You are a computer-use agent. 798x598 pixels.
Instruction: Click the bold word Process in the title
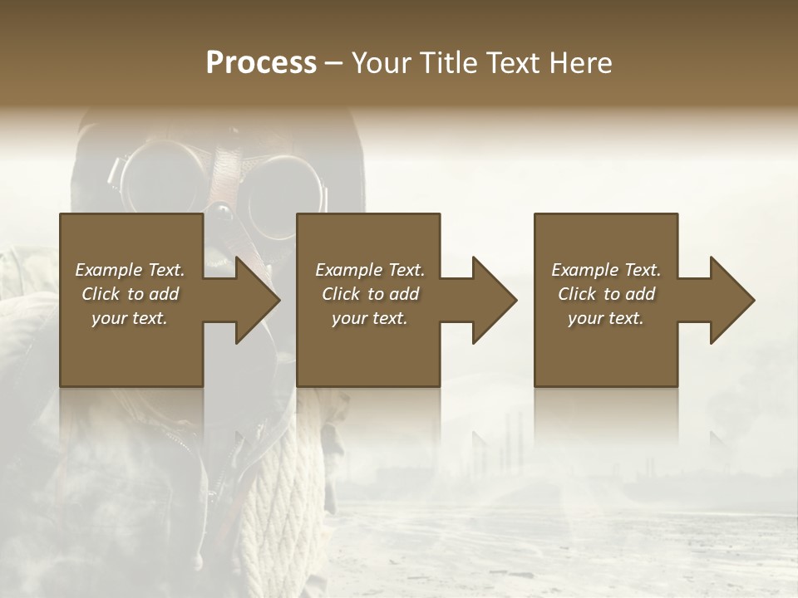click(261, 63)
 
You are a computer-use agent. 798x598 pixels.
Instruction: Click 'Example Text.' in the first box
click(130, 270)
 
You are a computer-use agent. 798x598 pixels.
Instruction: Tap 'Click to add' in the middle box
click(370, 294)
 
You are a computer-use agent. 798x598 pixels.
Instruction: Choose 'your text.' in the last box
click(605, 318)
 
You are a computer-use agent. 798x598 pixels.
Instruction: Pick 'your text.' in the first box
click(130, 318)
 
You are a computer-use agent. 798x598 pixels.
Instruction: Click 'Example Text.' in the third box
click(605, 270)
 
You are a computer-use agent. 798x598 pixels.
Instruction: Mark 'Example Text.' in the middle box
click(370, 270)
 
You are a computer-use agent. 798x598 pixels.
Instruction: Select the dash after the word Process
click(334, 63)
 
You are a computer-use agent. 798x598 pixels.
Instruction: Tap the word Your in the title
click(378, 63)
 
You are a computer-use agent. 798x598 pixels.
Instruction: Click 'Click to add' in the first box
click(130, 294)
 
